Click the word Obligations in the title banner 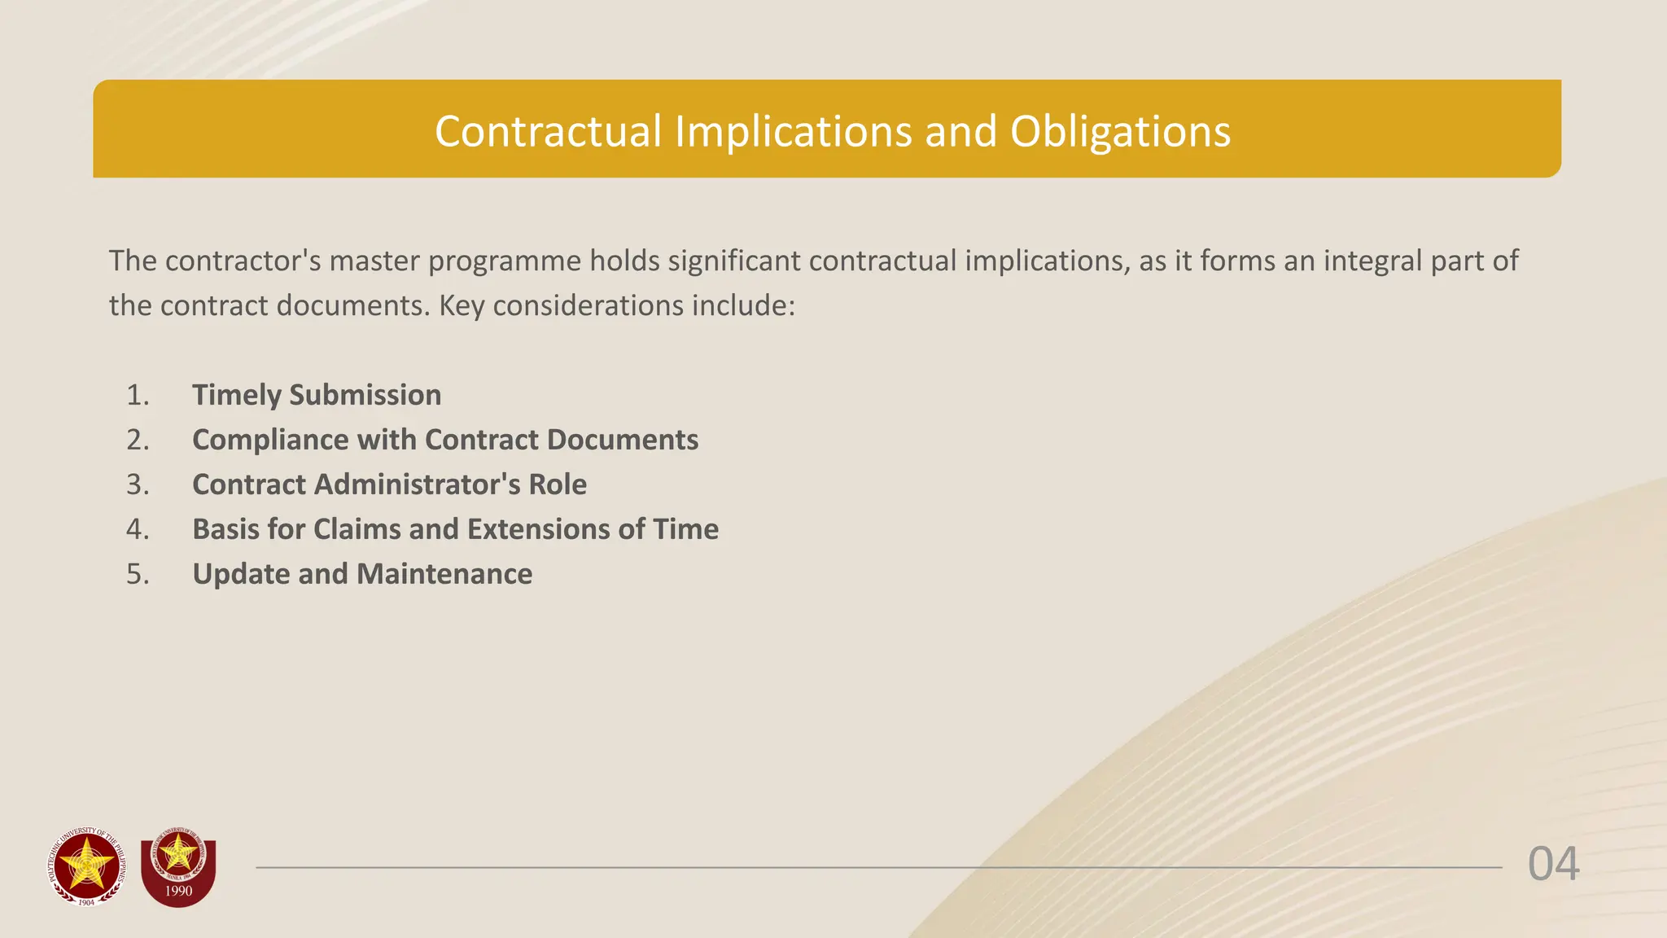(x=1120, y=132)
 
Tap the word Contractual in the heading (x=548, y=132)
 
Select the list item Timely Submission (x=317, y=395)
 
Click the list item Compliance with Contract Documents (x=445, y=440)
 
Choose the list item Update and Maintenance (x=362, y=574)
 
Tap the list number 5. (x=138, y=574)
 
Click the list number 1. (x=138, y=395)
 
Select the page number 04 (x=1553, y=865)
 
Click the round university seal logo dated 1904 (x=87, y=866)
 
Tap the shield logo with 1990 (x=178, y=871)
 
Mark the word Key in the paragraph (x=462, y=305)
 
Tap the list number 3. (x=138, y=484)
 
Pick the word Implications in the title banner (x=793, y=132)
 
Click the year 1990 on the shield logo (x=178, y=891)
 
